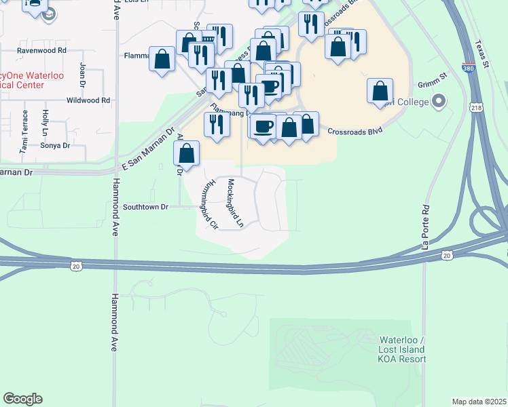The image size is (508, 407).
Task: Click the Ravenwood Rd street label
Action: [x=42, y=50]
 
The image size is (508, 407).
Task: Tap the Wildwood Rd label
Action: [x=88, y=100]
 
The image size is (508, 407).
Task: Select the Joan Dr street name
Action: [x=83, y=75]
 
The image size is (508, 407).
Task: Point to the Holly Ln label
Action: [x=46, y=121]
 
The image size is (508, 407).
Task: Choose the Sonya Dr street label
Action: [x=56, y=145]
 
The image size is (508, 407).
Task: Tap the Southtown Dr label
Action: [x=145, y=207]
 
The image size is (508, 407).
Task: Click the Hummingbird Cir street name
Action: [x=208, y=203]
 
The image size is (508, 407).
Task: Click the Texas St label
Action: [x=482, y=52]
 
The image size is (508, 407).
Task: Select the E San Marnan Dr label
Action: [x=148, y=149]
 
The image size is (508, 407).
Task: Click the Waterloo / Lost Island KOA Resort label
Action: [x=401, y=349]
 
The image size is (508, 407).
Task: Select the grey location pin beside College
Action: [x=439, y=102]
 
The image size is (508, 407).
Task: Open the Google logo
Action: [x=22, y=399]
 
